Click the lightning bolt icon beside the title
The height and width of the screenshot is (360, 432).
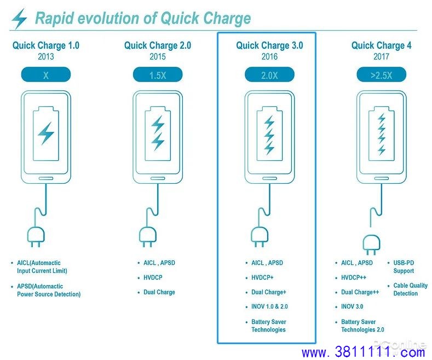[19, 18]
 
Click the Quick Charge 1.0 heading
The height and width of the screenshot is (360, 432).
[46, 45]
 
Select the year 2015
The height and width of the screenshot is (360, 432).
[158, 57]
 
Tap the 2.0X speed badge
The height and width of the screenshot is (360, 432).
[269, 75]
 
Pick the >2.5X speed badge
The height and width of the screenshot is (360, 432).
[381, 75]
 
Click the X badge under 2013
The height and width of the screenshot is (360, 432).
[46, 75]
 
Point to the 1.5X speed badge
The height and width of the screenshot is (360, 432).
[158, 75]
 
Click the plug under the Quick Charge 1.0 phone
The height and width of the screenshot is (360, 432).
[36, 237]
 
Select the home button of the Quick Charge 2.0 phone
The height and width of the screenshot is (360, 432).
[158, 178]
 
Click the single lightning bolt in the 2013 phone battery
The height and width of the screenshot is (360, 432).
[46, 133]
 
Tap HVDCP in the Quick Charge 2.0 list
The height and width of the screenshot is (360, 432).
[153, 277]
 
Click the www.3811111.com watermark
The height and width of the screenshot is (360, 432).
[363, 352]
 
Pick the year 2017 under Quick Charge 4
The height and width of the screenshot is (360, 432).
[381, 57]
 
